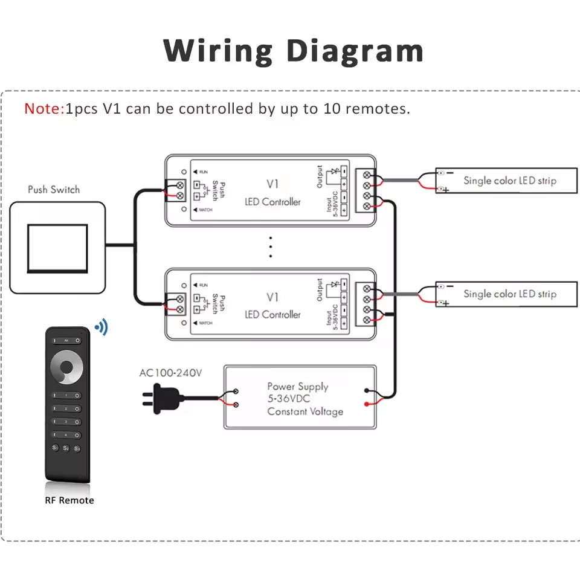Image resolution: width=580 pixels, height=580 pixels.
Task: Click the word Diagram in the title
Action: (354, 51)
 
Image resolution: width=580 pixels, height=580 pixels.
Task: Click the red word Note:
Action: (43, 109)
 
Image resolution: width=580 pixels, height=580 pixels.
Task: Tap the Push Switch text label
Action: (54, 190)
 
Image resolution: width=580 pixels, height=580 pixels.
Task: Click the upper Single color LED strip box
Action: (506, 181)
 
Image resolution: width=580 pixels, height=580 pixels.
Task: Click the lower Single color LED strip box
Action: (506, 294)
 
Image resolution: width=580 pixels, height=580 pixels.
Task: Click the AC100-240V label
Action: (170, 373)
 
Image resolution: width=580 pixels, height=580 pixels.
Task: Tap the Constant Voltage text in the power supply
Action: (305, 412)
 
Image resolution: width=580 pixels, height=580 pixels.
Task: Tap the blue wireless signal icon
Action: (101, 328)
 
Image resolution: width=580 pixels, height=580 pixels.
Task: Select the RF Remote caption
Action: (69, 500)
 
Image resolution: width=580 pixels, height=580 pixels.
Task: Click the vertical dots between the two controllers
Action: (271, 247)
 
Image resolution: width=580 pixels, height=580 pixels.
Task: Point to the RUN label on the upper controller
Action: (203, 172)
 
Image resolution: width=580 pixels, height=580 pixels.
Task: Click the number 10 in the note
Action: (338, 109)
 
